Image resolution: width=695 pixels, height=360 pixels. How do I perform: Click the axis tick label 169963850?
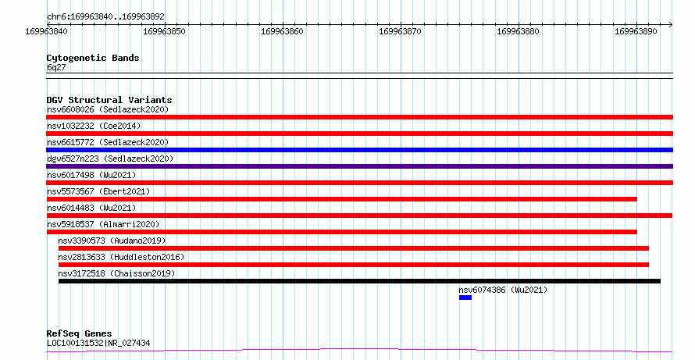(165, 31)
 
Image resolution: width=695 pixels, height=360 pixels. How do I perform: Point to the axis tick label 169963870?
(401, 31)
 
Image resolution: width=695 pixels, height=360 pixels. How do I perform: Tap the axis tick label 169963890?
(636, 31)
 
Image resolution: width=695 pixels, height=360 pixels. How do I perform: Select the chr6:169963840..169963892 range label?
(105, 16)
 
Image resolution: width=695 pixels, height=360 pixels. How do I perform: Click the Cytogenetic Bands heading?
(93, 58)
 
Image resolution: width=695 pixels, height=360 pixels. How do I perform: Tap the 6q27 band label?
(56, 68)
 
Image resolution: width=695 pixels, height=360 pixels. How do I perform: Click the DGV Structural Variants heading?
(109, 100)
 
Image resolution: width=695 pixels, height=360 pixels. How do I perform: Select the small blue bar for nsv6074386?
(465, 298)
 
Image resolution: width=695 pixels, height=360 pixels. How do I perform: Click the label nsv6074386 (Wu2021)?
(503, 290)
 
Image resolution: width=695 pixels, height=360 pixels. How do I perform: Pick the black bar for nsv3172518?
(359, 281)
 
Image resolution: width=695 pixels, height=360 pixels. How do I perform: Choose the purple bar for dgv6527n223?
(359, 166)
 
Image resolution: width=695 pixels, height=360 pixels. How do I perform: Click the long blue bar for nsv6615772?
(359, 150)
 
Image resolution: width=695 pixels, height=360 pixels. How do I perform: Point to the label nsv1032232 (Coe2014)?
(94, 126)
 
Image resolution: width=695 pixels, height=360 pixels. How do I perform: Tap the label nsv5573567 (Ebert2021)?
(98, 191)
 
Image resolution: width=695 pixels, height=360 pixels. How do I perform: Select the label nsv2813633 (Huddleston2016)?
(121, 257)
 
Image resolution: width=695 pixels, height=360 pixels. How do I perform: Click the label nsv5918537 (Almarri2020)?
(103, 224)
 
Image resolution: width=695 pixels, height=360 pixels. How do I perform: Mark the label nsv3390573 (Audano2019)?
(112, 241)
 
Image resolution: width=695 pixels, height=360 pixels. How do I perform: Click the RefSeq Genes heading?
(80, 333)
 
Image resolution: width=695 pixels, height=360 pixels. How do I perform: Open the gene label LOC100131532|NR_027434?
(98, 343)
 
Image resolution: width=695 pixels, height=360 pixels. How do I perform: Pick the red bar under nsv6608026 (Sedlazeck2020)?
(359, 117)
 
